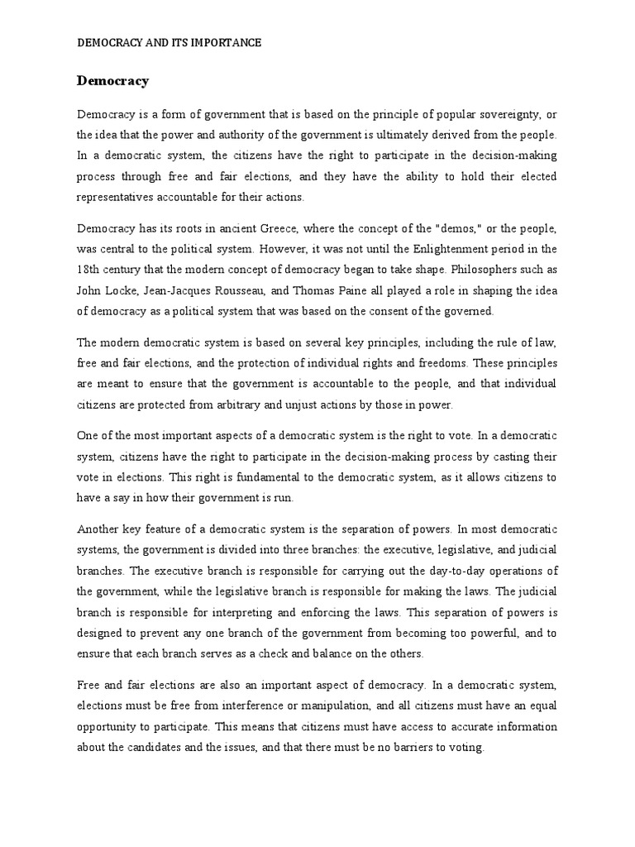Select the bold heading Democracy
click(112, 81)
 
